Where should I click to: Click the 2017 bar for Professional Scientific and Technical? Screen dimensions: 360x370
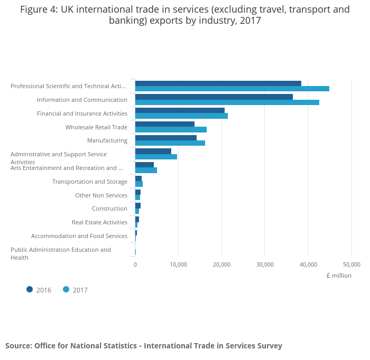click(232, 89)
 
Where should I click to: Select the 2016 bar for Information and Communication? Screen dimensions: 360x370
click(214, 97)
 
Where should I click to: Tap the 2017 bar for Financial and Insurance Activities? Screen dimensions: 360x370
click(181, 116)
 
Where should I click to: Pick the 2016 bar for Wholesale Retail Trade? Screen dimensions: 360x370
click(165, 124)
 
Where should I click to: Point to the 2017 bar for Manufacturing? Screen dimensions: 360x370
click(170, 143)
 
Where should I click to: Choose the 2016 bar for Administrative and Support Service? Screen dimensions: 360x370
click(153, 151)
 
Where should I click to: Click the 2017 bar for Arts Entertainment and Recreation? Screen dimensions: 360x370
click(146, 170)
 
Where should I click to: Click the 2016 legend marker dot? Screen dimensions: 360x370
click(30, 289)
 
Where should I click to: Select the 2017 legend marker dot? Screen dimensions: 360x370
click(66, 289)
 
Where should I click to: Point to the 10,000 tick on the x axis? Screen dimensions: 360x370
click(178, 264)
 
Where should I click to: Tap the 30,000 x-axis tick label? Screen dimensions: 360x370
click(265, 264)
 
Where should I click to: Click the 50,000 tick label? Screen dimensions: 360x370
click(351, 264)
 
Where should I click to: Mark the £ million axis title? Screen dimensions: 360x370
click(339, 276)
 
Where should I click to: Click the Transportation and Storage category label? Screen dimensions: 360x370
click(90, 182)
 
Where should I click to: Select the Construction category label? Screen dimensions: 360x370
click(109, 209)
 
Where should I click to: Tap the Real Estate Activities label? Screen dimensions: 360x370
click(99, 222)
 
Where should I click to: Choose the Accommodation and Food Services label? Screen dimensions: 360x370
click(79, 236)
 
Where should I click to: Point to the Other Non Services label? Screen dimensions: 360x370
click(101, 195)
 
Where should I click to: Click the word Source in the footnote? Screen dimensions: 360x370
click(18, 346)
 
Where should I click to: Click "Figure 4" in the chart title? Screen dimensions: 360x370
click(39, 10)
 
